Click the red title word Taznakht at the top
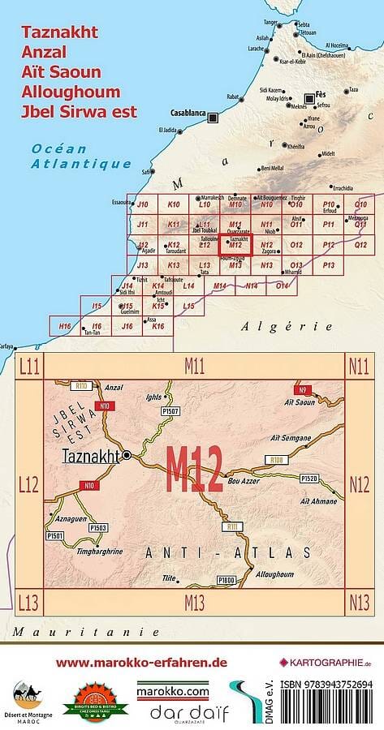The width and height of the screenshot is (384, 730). click(61, 33)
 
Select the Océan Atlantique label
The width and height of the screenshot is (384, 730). click(81, 156)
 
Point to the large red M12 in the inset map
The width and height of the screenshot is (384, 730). click(195, 470)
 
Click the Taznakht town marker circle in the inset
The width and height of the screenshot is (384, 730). click(127, 457)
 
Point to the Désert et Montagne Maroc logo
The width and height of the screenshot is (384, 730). click(29, 699)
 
